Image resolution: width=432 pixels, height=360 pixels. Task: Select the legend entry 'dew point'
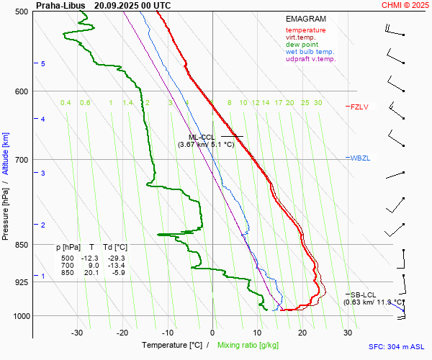click(x=301, y=45)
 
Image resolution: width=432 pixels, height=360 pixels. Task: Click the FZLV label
click(x=359, y=107)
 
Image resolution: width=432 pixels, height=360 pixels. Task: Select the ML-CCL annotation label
click(x=202, y=137)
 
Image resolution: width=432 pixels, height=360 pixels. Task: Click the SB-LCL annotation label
click(x=364, y=294)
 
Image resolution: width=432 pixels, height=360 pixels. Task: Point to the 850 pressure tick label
click(x=21, y=245)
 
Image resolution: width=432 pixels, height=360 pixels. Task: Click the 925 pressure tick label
click(x=21, y=282)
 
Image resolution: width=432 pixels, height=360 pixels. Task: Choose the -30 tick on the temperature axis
click(x=77, y=333)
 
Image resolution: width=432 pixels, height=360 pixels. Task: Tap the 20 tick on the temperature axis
click(x=302, y=333)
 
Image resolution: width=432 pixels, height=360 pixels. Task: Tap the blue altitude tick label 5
click(x=43, y=64)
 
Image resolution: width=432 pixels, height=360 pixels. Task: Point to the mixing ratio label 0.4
click(x=66, y=103)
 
